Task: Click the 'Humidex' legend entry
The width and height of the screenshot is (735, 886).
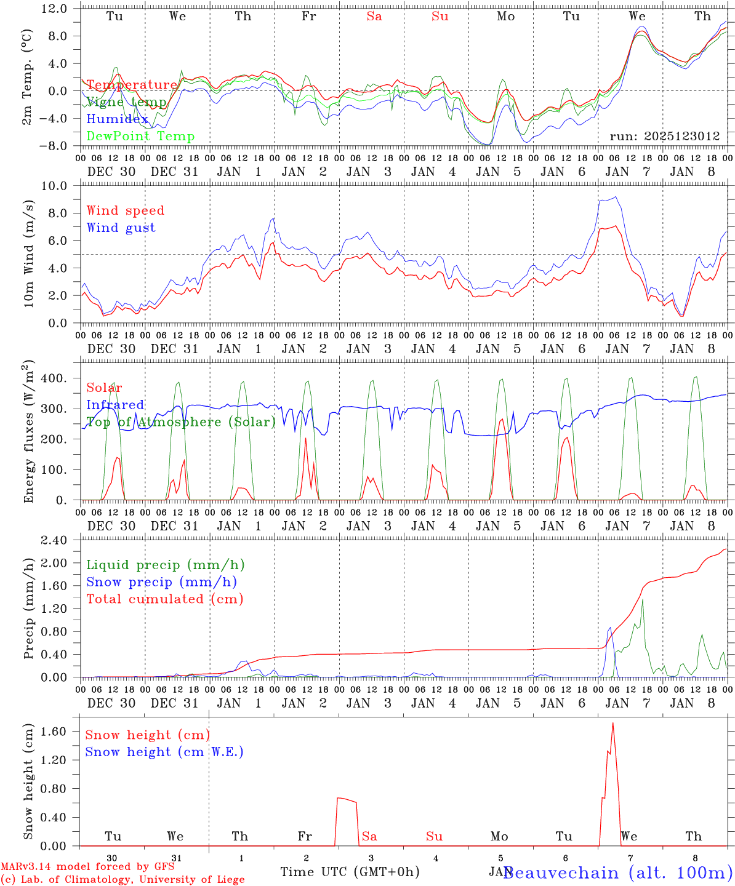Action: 117,119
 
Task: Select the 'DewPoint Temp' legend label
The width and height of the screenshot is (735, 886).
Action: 140,137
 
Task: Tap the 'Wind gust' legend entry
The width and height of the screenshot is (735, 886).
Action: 121,228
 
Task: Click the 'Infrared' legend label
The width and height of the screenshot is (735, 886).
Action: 115,405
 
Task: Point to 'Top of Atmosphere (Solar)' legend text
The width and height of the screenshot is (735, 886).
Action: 180,422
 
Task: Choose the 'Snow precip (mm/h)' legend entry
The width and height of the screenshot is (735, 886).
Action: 161,582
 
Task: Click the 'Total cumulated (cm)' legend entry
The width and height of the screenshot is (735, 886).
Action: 164,599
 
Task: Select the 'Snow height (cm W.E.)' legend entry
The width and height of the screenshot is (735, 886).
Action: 164,752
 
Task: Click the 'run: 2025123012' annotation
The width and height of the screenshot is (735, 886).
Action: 665,137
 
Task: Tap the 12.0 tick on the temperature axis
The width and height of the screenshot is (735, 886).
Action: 62,9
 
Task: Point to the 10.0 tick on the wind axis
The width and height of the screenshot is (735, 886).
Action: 62,186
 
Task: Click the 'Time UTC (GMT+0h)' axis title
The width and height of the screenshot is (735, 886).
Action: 350,872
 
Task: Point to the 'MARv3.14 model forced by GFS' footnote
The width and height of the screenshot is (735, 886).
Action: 87,867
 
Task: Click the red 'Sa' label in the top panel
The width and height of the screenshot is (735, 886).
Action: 374,17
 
